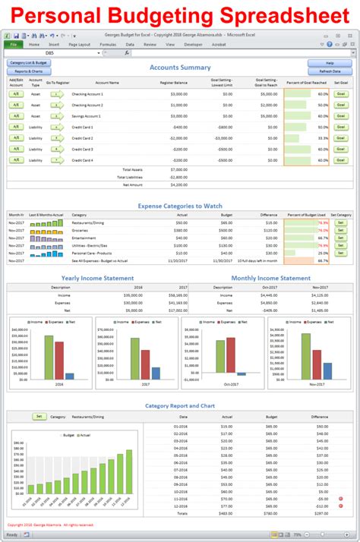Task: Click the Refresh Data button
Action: pos(330,71)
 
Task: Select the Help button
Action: pos(330,62)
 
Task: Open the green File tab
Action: pos(14,45)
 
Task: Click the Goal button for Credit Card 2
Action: pos(341,139)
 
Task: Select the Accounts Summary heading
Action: pos(180,67)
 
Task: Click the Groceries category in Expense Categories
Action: pos(80,229)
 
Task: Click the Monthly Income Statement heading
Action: pos(270,278)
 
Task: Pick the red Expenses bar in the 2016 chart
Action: pos(59,361)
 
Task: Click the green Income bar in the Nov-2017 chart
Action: pos(306,356)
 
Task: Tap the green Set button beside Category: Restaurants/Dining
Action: pos(38,416)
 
